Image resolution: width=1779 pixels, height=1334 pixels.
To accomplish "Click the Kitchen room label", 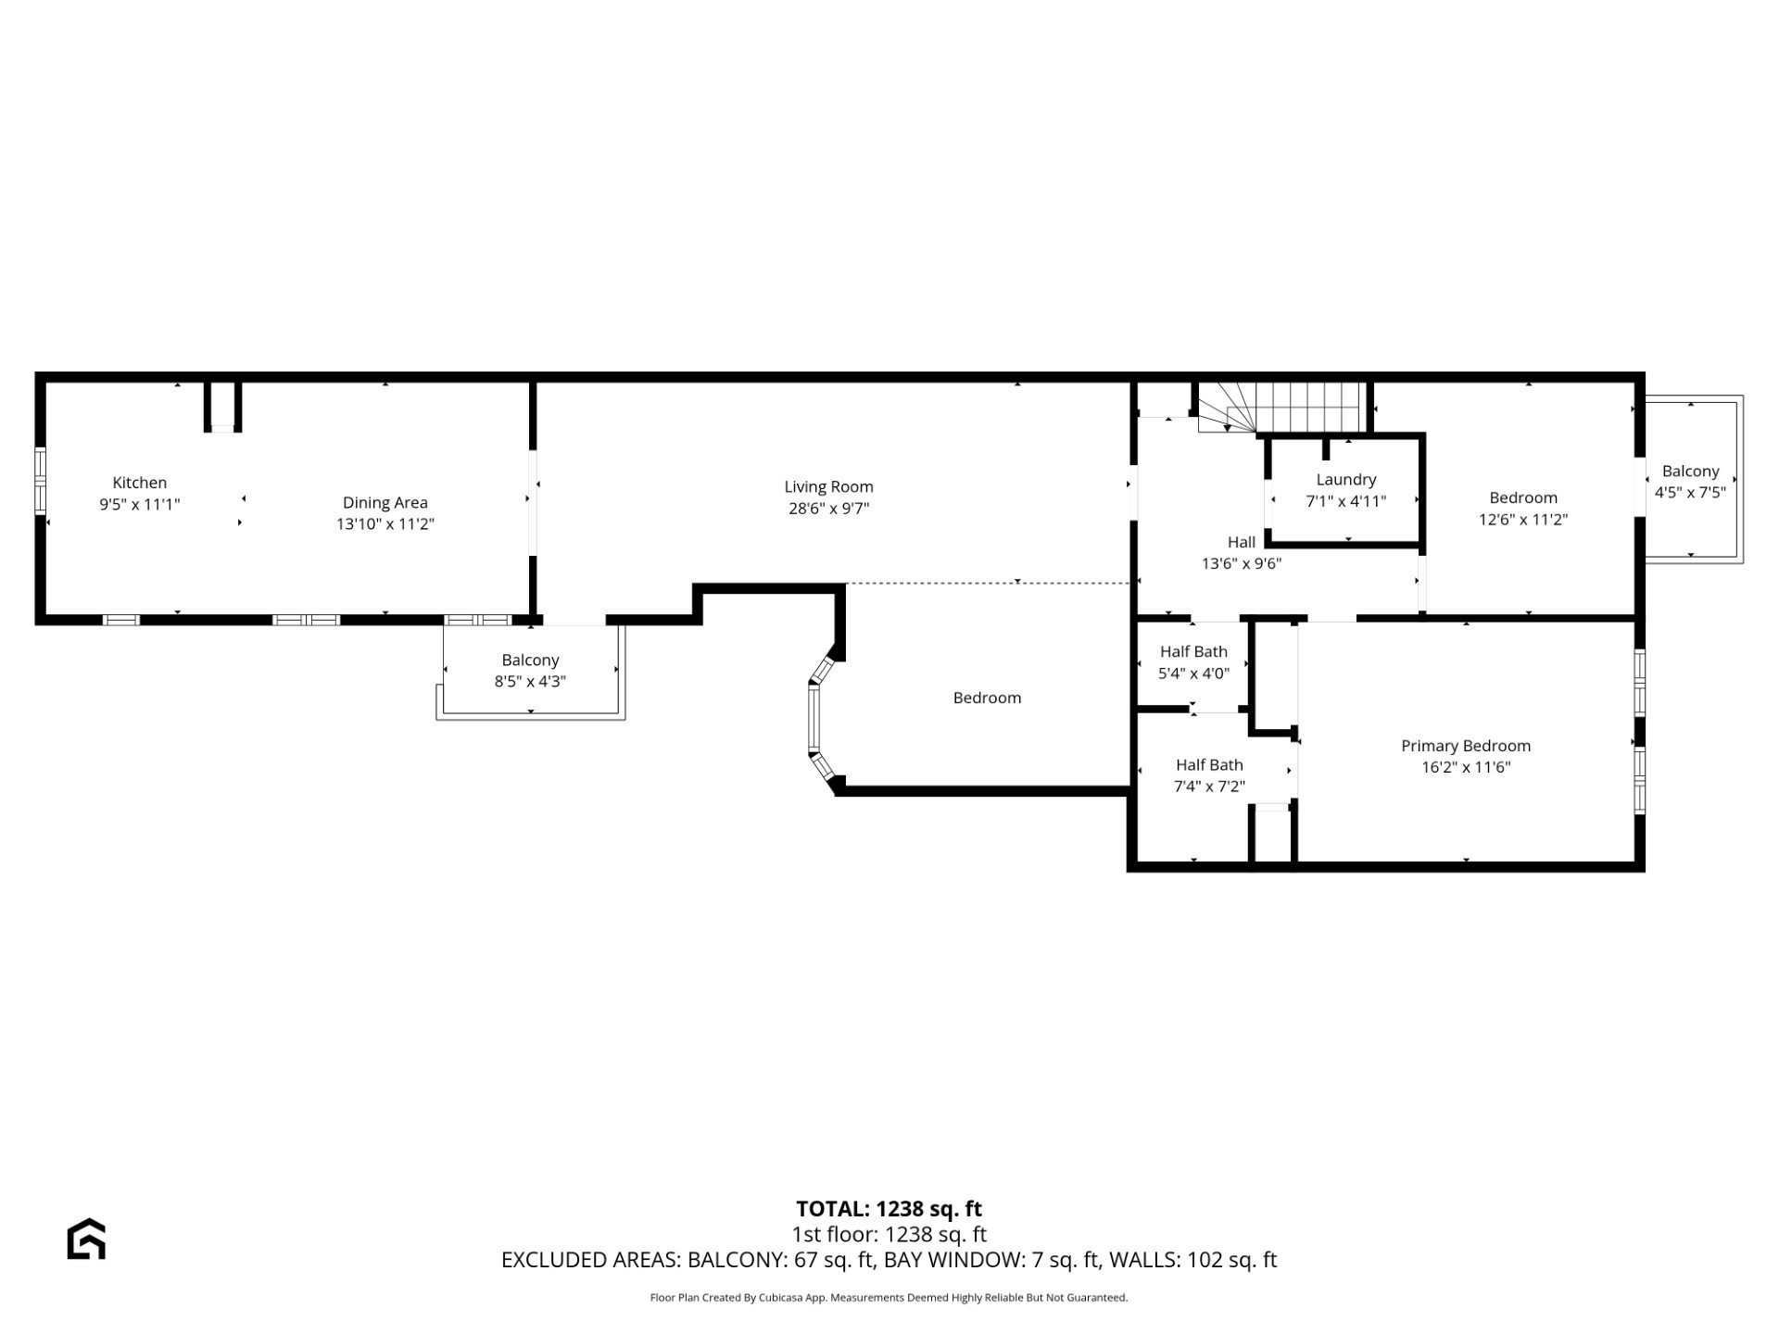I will click(139, 483).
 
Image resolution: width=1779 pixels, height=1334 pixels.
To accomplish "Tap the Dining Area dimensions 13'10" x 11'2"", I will click(385, 524).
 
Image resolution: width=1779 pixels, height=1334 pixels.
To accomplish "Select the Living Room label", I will click(828, 486).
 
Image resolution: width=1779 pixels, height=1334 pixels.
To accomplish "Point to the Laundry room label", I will click(1345, 479).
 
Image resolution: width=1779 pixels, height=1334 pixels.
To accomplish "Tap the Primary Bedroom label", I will click(1465, 746).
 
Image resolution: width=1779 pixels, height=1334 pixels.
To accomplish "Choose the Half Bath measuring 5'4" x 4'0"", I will click(1193, 662).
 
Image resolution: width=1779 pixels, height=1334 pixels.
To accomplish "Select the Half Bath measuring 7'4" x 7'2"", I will click(1209, 775).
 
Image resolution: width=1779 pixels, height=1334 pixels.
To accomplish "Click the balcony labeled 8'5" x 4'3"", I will click(530, 671).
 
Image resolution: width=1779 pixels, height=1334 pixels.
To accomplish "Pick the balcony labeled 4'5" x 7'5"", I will click(1690, 482).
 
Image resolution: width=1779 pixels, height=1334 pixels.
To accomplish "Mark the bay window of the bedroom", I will click(815, 717).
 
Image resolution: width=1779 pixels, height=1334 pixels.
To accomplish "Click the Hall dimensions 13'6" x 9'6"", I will click(1241, 563).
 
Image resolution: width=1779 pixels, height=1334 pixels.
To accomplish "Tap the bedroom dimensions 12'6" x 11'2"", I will click(1522, 520).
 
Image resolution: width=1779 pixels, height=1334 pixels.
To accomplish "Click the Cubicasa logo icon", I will click(86, 1239).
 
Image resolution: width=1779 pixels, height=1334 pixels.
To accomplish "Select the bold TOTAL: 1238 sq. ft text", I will click(889, 1209).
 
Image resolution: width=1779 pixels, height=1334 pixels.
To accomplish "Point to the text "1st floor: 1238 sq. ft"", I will click(889, 1234).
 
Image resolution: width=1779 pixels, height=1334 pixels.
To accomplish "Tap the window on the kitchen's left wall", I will click(40, 481).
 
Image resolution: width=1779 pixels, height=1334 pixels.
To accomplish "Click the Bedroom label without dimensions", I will click(987, 698).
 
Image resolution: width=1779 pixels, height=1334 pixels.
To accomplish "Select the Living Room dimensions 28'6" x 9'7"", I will click(828, 509).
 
